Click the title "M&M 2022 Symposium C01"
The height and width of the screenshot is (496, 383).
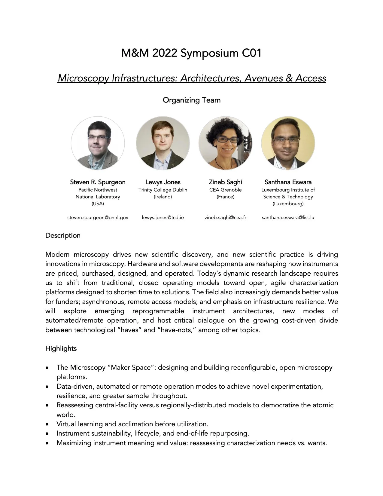[191, 53]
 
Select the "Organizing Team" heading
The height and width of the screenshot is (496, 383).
[191, 100]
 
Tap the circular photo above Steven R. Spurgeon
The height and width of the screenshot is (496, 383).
[98, 143]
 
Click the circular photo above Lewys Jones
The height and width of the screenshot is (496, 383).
[163, 143]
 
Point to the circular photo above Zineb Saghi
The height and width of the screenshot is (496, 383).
[225, 143]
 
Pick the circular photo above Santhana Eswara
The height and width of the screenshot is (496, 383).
[288, 143]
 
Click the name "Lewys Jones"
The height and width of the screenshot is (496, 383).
[163, 182]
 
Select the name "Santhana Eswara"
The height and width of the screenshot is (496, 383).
[288, 182]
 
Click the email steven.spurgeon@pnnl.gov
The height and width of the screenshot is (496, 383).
[98, 217]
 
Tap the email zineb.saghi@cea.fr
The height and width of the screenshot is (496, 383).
[225, 217]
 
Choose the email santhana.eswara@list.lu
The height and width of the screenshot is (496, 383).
[288, 217]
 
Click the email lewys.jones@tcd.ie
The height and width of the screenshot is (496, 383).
[163, 217]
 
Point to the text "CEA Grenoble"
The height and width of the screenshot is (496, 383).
[225, 190]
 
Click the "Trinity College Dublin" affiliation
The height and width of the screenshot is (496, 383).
[163, 190]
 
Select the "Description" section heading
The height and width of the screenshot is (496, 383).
[63, 235]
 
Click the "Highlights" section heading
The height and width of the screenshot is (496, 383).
[61, 348]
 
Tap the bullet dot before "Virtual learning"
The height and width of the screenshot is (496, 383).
[47, 424]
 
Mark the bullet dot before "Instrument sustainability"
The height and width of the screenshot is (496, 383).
[47, 433]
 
